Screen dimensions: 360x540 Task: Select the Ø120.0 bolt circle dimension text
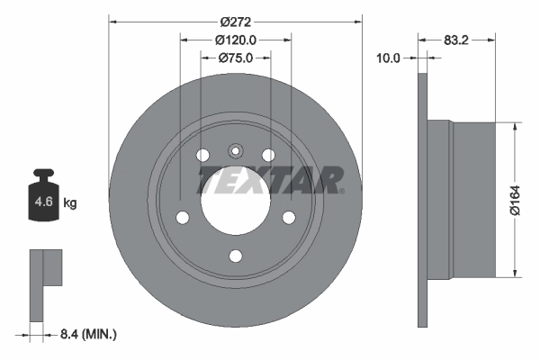(x=236, y=40)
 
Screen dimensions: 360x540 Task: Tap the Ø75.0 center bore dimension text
(x=236, y=58)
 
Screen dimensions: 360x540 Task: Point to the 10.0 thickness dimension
(x=387, y=58)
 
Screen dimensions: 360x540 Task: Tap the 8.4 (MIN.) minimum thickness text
(x=87, y=334)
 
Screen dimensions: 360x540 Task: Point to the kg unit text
(x=70, y=203)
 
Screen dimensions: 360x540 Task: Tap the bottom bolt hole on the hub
(x=235, y=256)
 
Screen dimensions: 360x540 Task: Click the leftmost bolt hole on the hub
(x=183, y=218)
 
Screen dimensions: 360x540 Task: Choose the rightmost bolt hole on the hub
(x=288, y=218)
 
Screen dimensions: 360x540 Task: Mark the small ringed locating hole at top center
(x=235, y=151)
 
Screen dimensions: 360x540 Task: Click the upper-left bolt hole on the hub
(x=203, y=155)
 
